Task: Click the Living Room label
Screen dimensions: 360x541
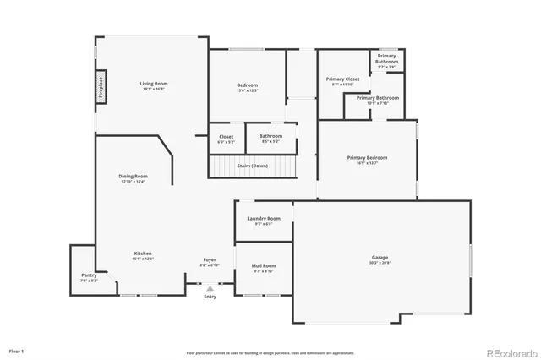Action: click(154, 84)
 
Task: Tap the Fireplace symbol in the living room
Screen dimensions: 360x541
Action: click(100, 87)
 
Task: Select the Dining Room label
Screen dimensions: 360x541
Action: click(134, 176)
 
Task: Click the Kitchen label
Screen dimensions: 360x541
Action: click(143, 254)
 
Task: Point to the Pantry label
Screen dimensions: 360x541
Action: click(89, 275)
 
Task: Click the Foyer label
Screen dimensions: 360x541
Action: click(209, 259)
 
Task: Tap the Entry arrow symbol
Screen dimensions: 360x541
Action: click(210, 288)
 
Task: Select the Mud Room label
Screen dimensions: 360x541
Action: click(264, 266)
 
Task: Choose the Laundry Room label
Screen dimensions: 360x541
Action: click(264, 219)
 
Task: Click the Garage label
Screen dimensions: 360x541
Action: click(380, 257)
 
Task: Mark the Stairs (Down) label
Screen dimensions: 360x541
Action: click(253, 166)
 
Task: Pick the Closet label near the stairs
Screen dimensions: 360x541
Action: click(227, 136)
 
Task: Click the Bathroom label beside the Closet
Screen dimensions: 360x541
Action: click(271, 136)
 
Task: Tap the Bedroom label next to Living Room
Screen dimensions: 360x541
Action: click(248, 85)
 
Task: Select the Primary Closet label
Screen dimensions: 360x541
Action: click(343, 79)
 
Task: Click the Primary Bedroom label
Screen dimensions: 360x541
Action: click(367, 157)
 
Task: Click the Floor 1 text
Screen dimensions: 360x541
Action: click(17, 350)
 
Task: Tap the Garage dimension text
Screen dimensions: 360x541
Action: click(380, 263)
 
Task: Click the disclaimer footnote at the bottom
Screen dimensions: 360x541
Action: click(270, 352)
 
